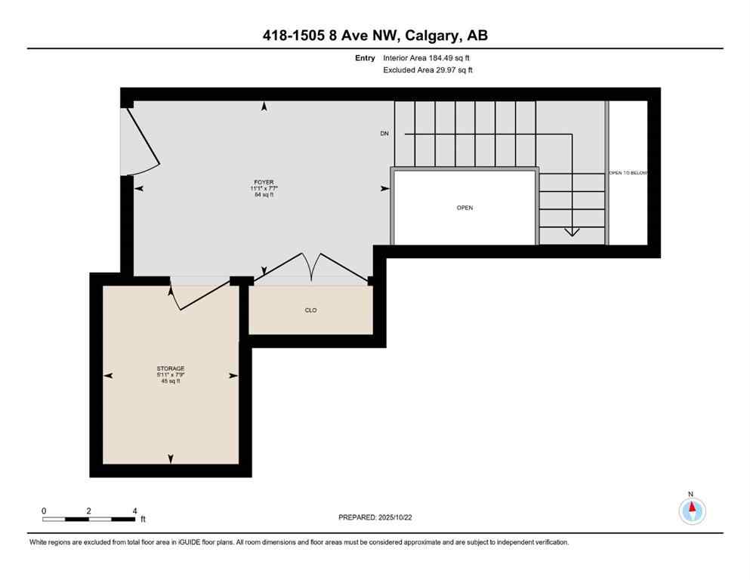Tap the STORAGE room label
click(x=171, y=369)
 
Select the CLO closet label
click(x=310, y=310)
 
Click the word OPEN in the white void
click(x=465, y=208)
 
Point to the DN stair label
click(x=384, y=134)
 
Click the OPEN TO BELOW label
click(x=628, y=173)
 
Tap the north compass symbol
click(x=692, y=511)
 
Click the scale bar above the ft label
click(x=89, y=519)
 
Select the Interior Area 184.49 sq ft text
click(x=431, y=57)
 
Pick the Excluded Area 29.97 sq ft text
click(x=428, y=70)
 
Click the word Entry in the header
click(x=365, y=57)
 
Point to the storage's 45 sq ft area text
click(x=171, y=381)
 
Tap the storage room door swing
click(x=199, y=294)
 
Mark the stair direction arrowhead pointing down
click(x=572, y=232)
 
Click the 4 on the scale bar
click(x=134, y=511)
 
